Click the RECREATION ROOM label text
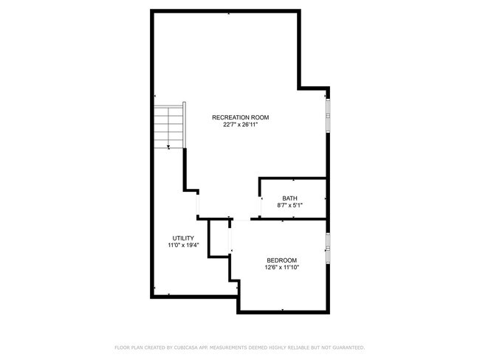tap(240, 117)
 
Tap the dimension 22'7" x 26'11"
tap(240, 125)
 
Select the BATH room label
tap(290, 198)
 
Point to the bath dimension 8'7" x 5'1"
tap(290, 205)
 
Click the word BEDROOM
tap(282, 260)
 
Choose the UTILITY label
tap(183, 238)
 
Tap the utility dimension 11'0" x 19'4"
tap(183, 245)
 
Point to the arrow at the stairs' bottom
tap(169, 148)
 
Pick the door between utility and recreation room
tap(197, 204)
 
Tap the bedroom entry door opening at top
tap(241, 219)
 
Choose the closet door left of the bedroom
tap(230, 239)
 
